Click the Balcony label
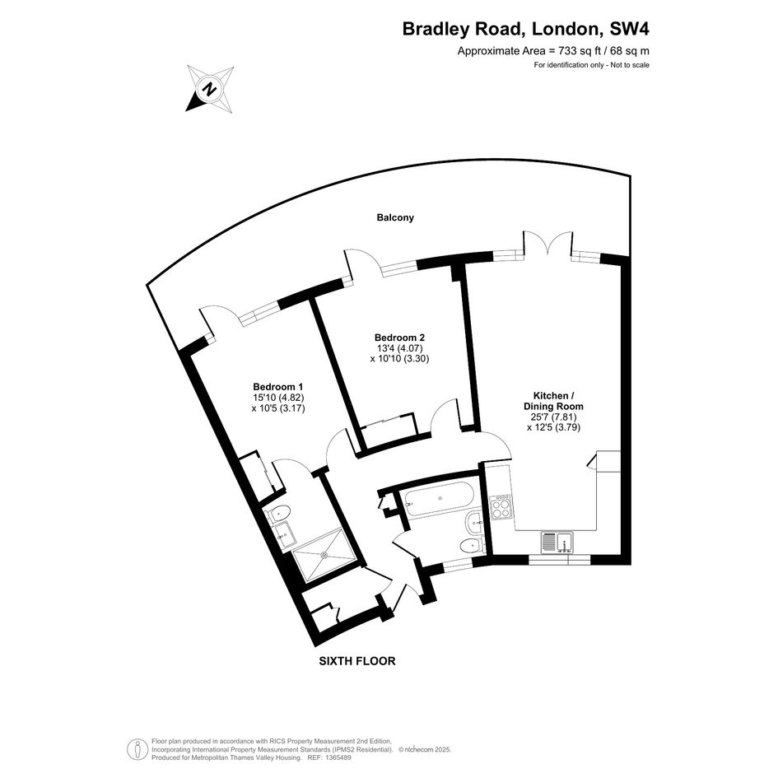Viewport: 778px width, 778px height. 395,217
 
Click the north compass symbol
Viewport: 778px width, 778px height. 210,90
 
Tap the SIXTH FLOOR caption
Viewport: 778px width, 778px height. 357,661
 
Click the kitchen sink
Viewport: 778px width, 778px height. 557,542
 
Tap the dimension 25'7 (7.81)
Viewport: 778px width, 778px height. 554,417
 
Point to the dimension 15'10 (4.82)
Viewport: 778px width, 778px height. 278,398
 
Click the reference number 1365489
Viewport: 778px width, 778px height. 337,757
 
